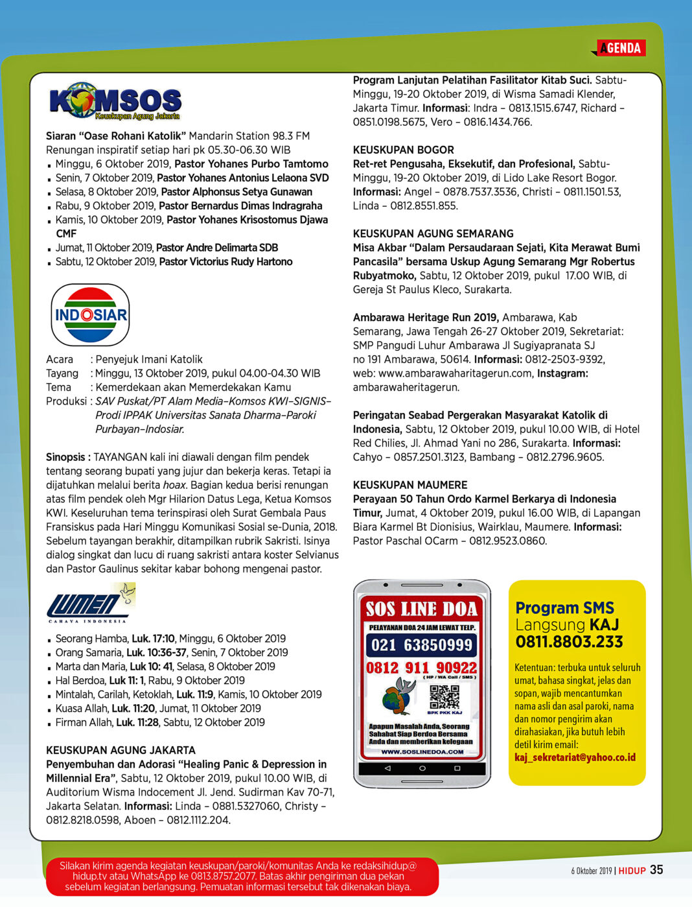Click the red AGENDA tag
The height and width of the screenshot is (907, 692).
pyautogui.click(x=620, y=48)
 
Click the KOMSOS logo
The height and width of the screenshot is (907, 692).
pyautogui.click(x=115, y=102)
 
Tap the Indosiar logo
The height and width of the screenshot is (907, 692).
pyautogui.click(x=91, y=315)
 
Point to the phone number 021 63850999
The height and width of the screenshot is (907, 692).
pyautogui.click(x=422, y=645)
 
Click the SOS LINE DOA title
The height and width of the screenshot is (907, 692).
pyautogui.click(x=422, y=609)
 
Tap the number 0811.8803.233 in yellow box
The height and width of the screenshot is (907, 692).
pyautogui.click(x=569, y=642)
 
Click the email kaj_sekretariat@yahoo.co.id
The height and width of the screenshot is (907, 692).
pyautogui.click(x=575, y=757)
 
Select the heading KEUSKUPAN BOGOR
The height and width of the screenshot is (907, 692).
pyautogui.click(x=403, y=150)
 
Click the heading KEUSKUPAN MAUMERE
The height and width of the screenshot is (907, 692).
pyautogui.click(x=409, y=485)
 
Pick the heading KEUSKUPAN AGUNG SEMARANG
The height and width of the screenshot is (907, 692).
pyautogui.click(x=433, y=233)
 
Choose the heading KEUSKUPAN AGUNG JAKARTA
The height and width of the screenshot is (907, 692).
pyautogui.click(x=121, y=750)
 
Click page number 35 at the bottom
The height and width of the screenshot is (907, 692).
pyautogui.click(x=656, y=870)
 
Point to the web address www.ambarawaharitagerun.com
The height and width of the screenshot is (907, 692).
pyautogui.click(x=457, y=373)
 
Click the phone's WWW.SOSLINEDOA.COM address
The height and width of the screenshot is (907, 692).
pyautogui.click(x=422, y=752)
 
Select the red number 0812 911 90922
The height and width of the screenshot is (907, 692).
pyautogui.click(x=421, y=668)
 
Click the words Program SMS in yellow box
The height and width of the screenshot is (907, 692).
pyautogui.click(x=564, y=608)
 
